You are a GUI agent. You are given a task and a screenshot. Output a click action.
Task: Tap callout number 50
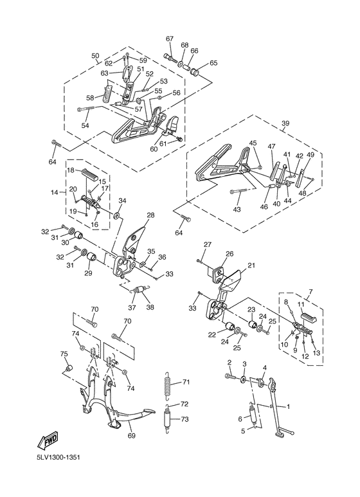96,55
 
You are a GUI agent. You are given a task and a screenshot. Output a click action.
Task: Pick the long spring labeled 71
169,384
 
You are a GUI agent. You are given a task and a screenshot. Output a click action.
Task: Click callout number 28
150,215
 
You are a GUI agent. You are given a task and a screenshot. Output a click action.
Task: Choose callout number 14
55,192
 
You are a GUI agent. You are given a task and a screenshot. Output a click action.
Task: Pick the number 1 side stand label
288,406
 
